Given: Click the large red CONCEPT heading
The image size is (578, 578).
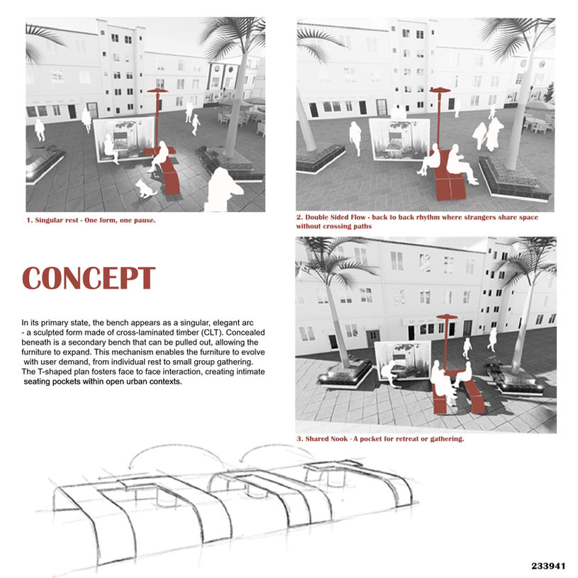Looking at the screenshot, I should [89, 278].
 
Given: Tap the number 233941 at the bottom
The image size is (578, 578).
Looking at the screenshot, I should [548, 566].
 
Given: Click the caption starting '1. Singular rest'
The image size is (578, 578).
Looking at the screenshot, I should [90, 220].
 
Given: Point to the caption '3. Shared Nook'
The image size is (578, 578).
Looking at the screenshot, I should [379, 439].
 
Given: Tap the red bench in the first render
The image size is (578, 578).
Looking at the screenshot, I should [169, 174].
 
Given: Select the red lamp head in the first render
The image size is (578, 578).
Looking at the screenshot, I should [157, 91].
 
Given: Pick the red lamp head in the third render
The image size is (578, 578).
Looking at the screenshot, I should [446, 317].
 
